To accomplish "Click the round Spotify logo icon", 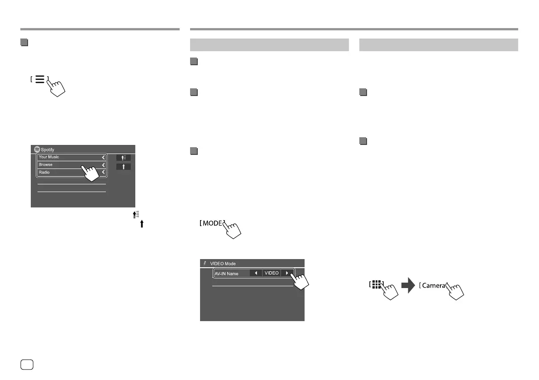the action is click(x=36, y=149).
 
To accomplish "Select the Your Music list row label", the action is click(x=49, y=157).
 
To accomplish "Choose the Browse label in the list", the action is click(x=46, y=165).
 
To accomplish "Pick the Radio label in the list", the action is click(x=44, y=173).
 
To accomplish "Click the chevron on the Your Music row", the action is click(x=103, y=157).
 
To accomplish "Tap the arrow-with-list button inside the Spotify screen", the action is click(x=123, y=158).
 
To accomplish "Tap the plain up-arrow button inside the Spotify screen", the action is click(x=123, y=167).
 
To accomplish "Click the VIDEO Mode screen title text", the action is click(x=223, y=264).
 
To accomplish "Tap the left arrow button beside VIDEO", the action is click(x=256, y=273).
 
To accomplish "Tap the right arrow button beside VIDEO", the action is click(x=287, y=273).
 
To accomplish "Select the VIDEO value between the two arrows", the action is click(x=272, y=273).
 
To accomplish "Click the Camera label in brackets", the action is click(x=434, y=285).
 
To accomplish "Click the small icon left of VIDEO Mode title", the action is click(x=205, y=263).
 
